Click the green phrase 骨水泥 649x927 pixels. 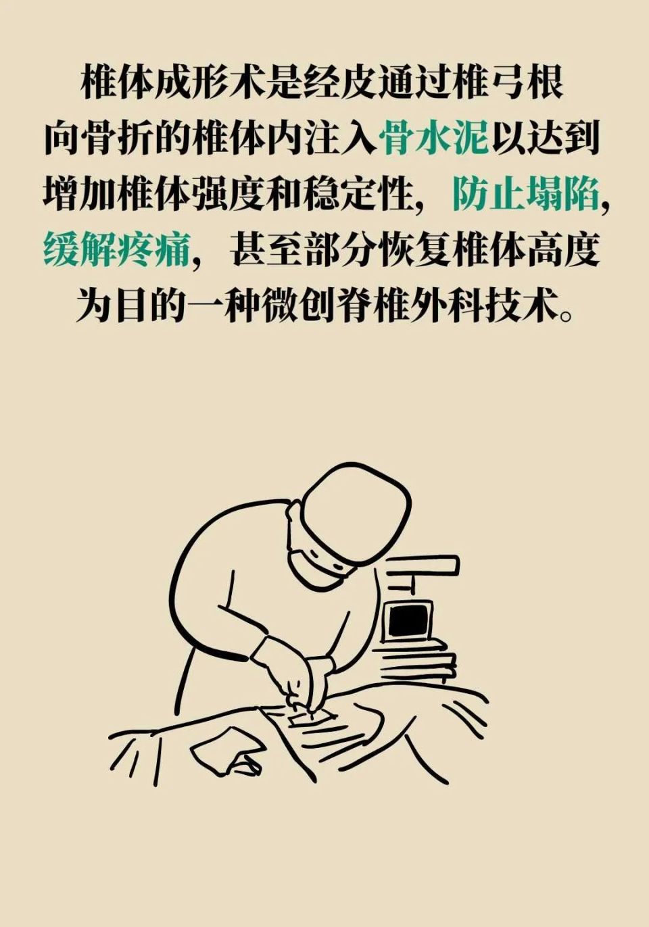click(x=434, y=139)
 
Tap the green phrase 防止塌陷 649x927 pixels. click(x=525, y=195)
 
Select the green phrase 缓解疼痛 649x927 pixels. click(x=116, y=251)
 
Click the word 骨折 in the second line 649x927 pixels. click(x=117, y=139)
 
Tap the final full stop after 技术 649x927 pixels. click(x=567, y=315)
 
